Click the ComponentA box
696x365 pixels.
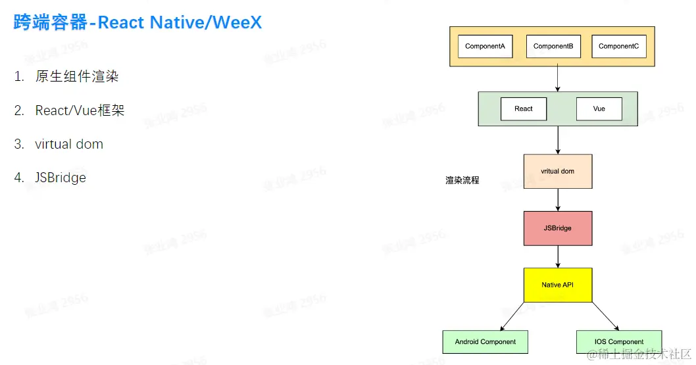485,47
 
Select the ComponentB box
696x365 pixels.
553,47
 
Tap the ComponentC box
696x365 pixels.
619,47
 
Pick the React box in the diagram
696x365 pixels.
524,109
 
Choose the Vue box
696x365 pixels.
599,109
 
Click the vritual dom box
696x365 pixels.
558,171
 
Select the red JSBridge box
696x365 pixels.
558,228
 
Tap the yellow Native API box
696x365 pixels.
558,285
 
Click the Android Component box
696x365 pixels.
485,342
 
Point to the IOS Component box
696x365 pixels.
619,342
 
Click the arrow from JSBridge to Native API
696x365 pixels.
558,256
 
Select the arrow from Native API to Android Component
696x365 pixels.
512,316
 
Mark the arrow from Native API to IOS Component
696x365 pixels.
606,316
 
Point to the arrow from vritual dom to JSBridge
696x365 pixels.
558,200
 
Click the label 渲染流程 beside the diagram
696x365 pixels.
462,180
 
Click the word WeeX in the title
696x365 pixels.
237,22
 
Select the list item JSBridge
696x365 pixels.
61,178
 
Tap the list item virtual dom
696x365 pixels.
69,144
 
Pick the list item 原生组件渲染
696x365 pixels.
77,76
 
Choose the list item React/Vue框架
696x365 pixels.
80,110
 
